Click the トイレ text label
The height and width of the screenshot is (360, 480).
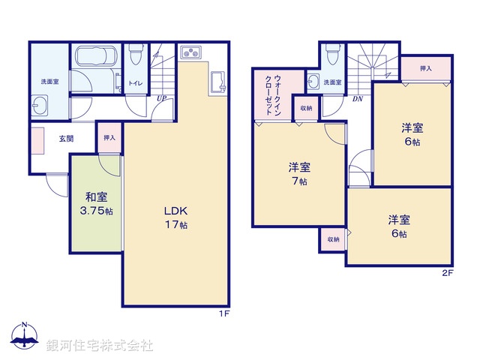pyautogui.click(x=136, y=84)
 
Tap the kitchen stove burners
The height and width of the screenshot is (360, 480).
pyautogui.click(x=191, y=52)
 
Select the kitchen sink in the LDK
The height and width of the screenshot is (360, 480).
pyautogui.click(x=219, y=82)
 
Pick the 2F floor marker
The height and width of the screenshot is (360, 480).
pyautogui.click(x=447, y=273)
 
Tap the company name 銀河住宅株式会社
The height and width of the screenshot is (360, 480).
pyautogui.click(x=99, y=346)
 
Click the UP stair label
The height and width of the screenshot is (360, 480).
pyautogui.click(x=161, y=97)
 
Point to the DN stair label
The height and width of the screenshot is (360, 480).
pyautogui.click(x=358, y=97)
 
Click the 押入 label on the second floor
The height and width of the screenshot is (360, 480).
pyautogui.click(x=425, y=68)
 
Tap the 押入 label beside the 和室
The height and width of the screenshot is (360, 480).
pyautogui.click(x=109, y=138)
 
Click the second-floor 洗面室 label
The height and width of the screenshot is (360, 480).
pyautogui.click(x=332, y=82)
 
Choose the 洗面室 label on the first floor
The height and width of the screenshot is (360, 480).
pyautogui.click(x=49, y=81)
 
